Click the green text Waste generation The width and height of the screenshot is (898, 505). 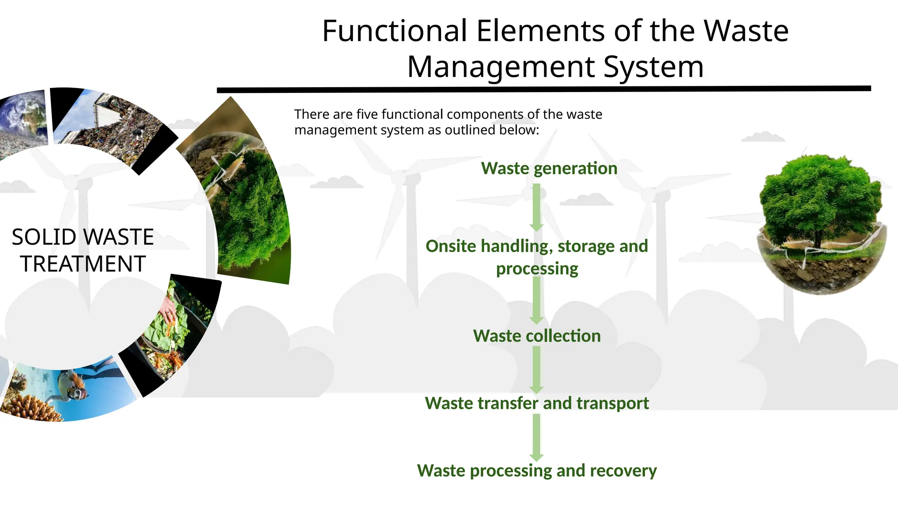tap(549, 168)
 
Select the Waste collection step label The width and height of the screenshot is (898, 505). tap(537, 336)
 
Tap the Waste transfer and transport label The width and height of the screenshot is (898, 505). tap(537, 403)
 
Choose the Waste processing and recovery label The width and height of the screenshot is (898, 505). tap(537, 471)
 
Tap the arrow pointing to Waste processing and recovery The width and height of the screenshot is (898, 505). tap(536, 437)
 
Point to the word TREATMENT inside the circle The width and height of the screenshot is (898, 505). tap(83, 264)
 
